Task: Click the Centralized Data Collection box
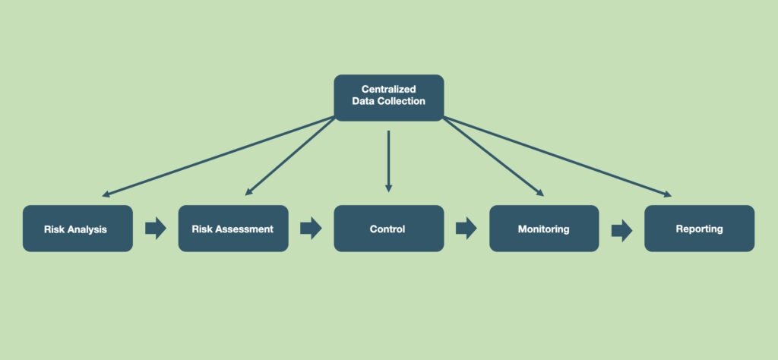tap(388, 97)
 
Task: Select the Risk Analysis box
tap(77, 229)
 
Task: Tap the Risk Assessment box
tap(233, 229)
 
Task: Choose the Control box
tap(388, 229)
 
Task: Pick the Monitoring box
tap(544, 229)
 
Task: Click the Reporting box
tap(699, 229)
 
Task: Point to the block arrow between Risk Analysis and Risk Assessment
tap(156, 229)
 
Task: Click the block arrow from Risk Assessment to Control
tap(311, 229)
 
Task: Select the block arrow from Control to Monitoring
tap(466, 229)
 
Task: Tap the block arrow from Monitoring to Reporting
tap(621, 230)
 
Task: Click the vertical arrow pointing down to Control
tap(388, 161)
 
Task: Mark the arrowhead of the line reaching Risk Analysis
tap(106, 195)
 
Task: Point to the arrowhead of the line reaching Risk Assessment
tap(248, 193)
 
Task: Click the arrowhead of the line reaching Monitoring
tap(540, 193)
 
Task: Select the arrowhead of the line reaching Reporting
tap(668, 194)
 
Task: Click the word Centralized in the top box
tap(388, 90)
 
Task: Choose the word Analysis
tap(88, 229)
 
